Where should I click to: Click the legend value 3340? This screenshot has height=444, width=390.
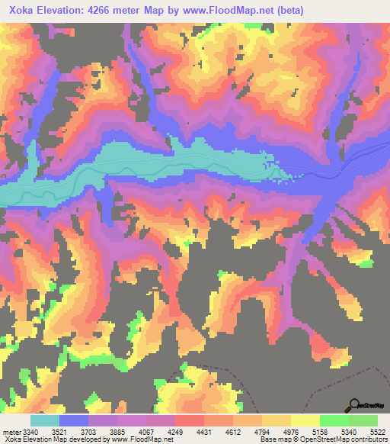click(x=30, y=431)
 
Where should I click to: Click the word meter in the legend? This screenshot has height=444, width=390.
click(x=11, y=431)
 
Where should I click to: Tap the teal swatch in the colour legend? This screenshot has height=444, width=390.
click(x=45, y=420)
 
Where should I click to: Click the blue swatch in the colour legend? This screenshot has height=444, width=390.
click(x=74, y=420)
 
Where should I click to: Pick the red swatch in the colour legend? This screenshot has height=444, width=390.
click(x=190, y=420)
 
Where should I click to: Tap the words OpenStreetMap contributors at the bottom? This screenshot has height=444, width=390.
click(x=350, y=439)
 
